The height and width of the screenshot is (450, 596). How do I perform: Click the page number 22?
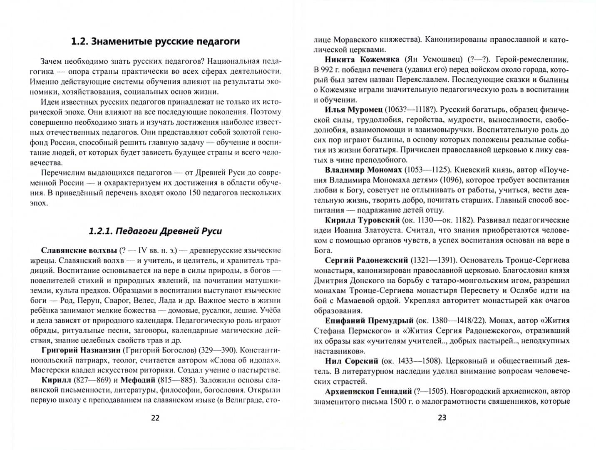[x=155, y=418]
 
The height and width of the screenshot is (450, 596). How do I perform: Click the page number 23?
[x=442, y=417]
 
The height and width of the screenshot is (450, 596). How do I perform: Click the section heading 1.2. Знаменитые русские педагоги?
[x=155, y=41]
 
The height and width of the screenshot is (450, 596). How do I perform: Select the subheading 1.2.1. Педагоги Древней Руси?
[x=155, y=231]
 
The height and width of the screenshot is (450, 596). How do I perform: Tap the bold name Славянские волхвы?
[x=79, y=250]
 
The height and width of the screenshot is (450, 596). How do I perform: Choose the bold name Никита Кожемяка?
[x=362, y=60]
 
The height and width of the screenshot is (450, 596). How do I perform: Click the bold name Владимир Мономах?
[x=363, y=170]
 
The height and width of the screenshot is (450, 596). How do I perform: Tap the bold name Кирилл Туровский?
[x=362, y=220]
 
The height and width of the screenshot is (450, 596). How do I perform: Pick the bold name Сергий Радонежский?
[x=366, y=260]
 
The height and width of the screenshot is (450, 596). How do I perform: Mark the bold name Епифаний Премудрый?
[x=369, y=321]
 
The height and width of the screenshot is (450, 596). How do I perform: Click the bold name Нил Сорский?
[x=351, y=361]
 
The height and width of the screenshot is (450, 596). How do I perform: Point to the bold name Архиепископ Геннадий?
[x=368, y=391]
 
